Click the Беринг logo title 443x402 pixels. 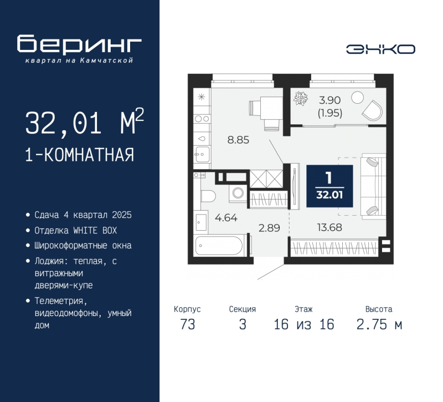79,44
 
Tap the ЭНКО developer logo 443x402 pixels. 380,49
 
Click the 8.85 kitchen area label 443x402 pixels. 239,140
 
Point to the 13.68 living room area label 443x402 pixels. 329,227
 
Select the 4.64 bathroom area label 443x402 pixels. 226,218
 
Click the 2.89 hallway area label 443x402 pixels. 269,228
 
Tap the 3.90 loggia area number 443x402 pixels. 329,100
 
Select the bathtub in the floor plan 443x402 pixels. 219,246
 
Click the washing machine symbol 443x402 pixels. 238,194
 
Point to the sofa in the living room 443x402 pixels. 373,186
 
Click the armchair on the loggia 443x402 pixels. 373,110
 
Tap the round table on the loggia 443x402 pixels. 357,98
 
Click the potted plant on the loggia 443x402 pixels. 301,99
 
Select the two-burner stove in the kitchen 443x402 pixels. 202,119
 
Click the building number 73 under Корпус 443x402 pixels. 188,324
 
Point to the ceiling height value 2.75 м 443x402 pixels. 379,324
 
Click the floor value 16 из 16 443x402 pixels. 304,324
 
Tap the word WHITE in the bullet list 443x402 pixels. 84,231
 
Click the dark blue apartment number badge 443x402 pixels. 329,186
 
